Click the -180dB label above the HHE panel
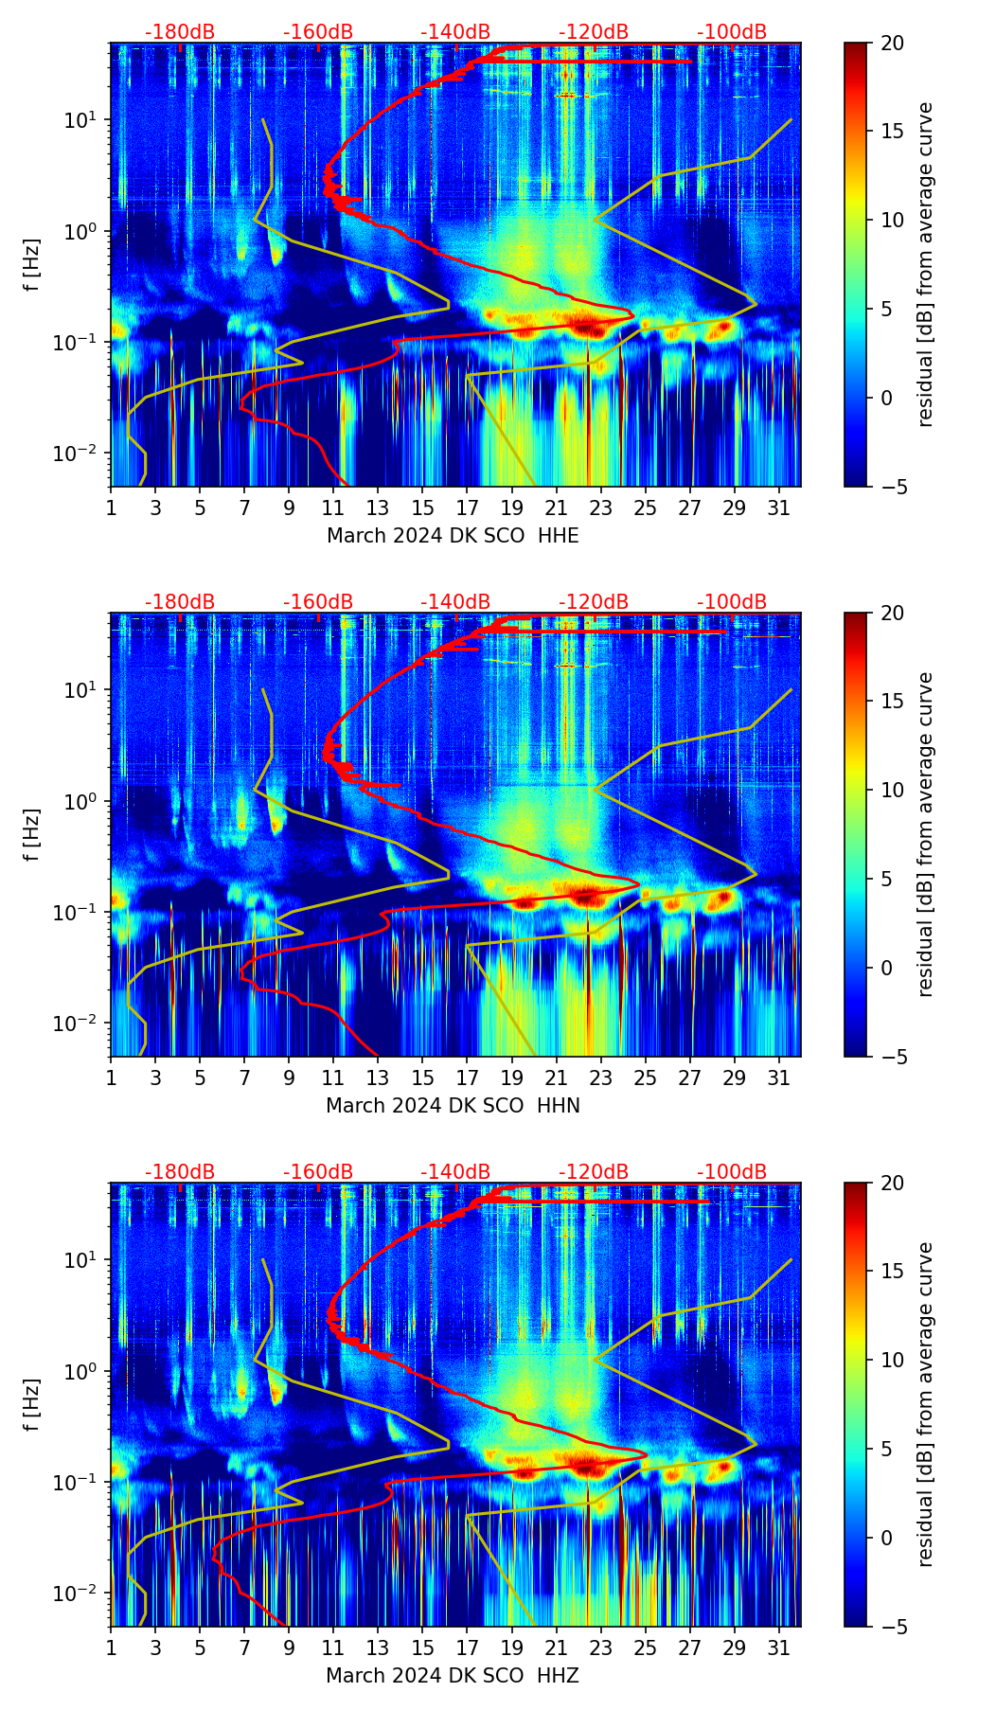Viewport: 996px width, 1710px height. tap(180, 32)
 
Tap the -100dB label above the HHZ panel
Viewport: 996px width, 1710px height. tap(732, 1172)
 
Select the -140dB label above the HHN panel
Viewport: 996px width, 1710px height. tap(455, 602)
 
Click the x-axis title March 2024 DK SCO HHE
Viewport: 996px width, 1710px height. tap(453, 536)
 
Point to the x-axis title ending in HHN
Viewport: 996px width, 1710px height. tap(453, 1106)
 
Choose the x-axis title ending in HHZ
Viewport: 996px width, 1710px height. tap(453, 1676)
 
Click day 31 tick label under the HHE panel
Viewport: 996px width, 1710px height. tap(779, 508)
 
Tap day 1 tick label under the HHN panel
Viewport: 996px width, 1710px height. tap(112, 1078)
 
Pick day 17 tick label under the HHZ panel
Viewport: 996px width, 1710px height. tap(468, 1648)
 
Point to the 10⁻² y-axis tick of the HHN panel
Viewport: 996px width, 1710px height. tap(84, 1024)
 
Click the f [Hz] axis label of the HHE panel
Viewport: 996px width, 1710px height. tap(32, 265)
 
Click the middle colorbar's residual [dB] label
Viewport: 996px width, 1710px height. tap(926, 834)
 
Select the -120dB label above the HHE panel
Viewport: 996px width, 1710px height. tap(594, 32)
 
